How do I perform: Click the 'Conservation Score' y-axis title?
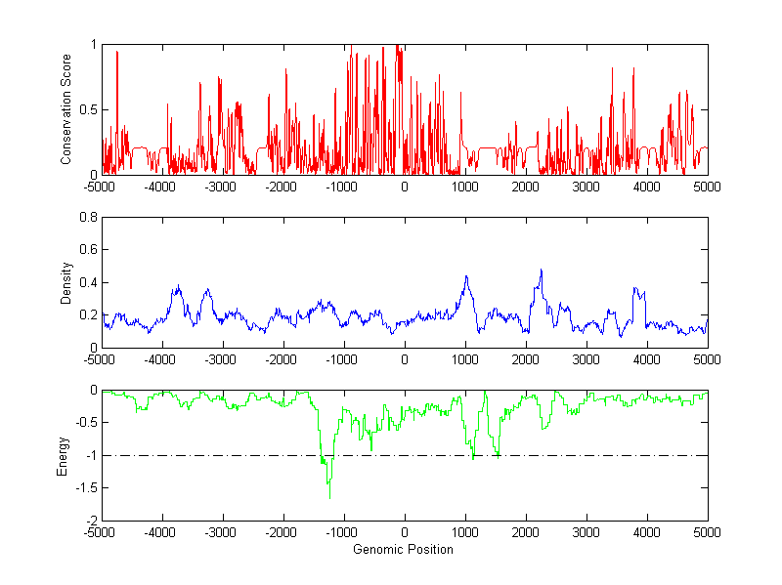click(x=66, y=109)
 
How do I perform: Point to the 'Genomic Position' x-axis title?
click(x=404, y=549)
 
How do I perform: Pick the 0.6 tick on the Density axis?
click(x=87, y=250)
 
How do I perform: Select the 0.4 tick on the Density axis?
click(x=87, y=282)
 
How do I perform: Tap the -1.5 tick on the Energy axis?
click(x=84, y=487)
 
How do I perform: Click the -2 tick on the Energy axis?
click(x=89, y=520)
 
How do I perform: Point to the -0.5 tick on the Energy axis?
click(x=84, y=423)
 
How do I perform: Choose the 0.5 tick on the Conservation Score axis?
click(x=87, y=109)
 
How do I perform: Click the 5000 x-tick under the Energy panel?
click(x=707, y=532)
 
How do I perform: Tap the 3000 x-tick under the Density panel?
click(x=586, y=359)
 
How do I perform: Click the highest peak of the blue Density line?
click(x=541, y=271)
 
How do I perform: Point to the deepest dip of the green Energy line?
click(x=329, y=498)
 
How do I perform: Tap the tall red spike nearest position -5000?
click(x=117, y=53)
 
